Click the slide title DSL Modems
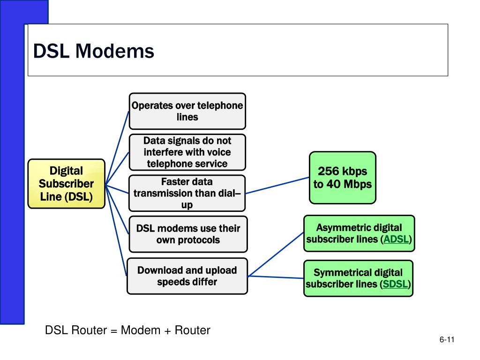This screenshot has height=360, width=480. click(x=94, y=51)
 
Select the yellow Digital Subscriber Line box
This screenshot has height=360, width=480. click(x=66, y=183)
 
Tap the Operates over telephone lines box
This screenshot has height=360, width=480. click(x=187, y=111)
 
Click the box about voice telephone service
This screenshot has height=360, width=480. click(x=187, y=152)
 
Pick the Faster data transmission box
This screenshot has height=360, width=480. click(x=187, y=193)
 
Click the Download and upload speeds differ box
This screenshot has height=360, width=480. click(x=187, y=276)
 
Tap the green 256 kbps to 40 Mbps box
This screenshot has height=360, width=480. click(x=342, y=177)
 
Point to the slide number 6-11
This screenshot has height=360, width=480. click(x=448, y=340)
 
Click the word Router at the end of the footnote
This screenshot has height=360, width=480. click(x=193, y=330)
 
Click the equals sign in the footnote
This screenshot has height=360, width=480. click(x=113, y=330)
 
